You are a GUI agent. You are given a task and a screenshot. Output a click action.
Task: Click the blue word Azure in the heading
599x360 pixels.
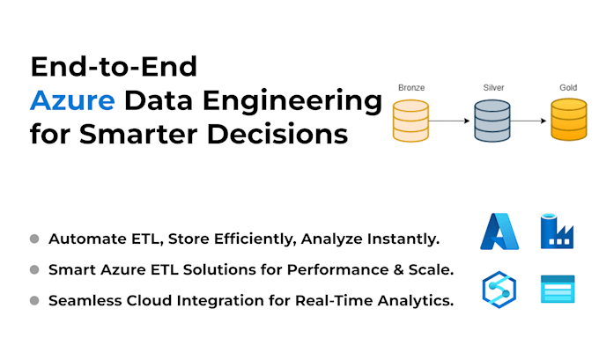72,100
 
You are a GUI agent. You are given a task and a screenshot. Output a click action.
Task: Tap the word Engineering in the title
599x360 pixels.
292,102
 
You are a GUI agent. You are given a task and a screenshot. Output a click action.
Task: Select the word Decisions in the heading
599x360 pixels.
277,134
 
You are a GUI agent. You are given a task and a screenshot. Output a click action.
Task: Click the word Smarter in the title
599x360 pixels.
138,135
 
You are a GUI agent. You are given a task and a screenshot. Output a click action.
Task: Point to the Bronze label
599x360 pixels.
411,88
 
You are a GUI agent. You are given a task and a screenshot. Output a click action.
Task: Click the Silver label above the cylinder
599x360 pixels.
493,88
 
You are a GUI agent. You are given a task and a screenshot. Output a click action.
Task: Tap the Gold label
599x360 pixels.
568,88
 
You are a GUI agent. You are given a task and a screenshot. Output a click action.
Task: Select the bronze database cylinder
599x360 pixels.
410,121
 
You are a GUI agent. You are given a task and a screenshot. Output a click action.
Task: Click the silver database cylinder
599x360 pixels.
492,121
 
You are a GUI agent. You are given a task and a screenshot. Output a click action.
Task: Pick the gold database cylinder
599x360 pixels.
569,120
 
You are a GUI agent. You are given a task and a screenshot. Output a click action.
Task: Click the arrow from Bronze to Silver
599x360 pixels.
449,121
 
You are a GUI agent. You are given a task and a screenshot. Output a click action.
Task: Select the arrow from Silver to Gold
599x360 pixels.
529,121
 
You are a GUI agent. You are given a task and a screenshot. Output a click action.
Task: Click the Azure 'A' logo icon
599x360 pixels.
499,231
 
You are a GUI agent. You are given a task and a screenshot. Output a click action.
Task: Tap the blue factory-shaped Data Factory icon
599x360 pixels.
557,231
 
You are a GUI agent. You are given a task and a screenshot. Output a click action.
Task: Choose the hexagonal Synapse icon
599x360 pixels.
499,290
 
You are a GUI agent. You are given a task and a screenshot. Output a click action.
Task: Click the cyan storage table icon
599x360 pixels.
558,289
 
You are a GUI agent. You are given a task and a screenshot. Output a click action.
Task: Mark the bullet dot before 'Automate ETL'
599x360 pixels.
34,239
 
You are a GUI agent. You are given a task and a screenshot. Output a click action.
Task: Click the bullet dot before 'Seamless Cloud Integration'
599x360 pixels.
34,300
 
